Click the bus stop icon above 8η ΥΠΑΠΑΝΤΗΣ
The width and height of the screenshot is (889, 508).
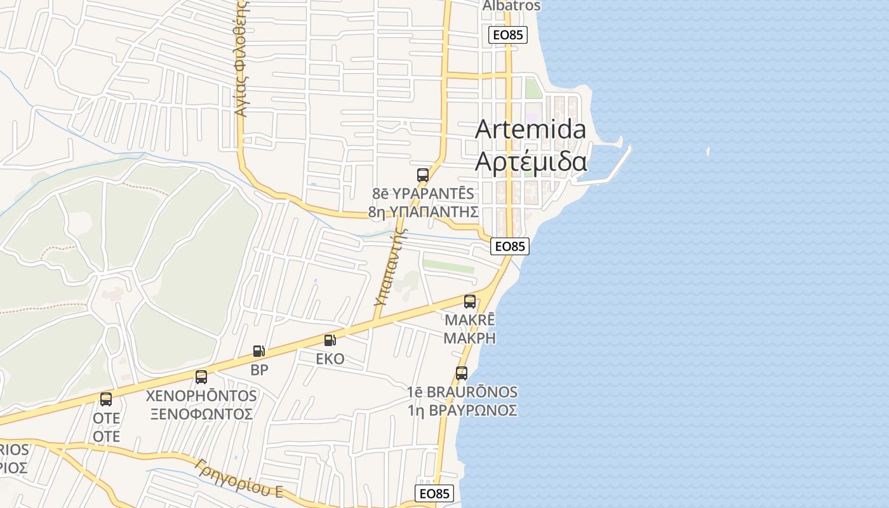tap(423, 175)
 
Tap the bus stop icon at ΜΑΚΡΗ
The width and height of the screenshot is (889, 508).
tap(470, 302)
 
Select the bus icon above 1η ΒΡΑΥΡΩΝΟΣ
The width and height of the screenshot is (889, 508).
tap(462, 373)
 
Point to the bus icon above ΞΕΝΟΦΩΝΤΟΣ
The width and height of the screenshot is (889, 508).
tap(201, 377)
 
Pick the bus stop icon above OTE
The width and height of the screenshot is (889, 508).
tap(106, 399)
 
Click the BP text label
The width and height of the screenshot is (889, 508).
tap(259, 370)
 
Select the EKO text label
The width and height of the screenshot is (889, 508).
tap(330, 359)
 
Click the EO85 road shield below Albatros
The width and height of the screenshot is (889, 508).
tap(508, 35)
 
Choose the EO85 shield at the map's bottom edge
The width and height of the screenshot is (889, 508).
tap(435, 493)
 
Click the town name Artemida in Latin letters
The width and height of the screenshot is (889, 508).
tap(530, 130)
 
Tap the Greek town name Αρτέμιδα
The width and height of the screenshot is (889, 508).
tap(531, 163)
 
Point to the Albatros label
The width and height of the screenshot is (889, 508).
tap(511, 6)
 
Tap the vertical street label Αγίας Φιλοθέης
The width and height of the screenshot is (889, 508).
tap(241, 60)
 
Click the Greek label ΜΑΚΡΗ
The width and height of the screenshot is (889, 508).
tap(469, 338)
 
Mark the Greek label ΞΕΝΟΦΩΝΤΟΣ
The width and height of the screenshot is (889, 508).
tap(201, 414)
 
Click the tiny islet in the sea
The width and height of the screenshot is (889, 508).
tap(708, 151)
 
